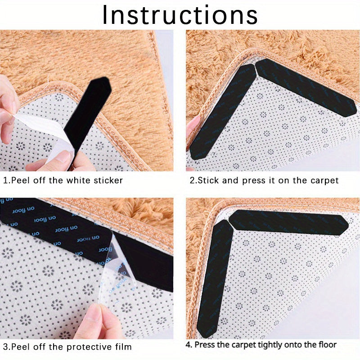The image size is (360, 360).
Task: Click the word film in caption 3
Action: point(123,347)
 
